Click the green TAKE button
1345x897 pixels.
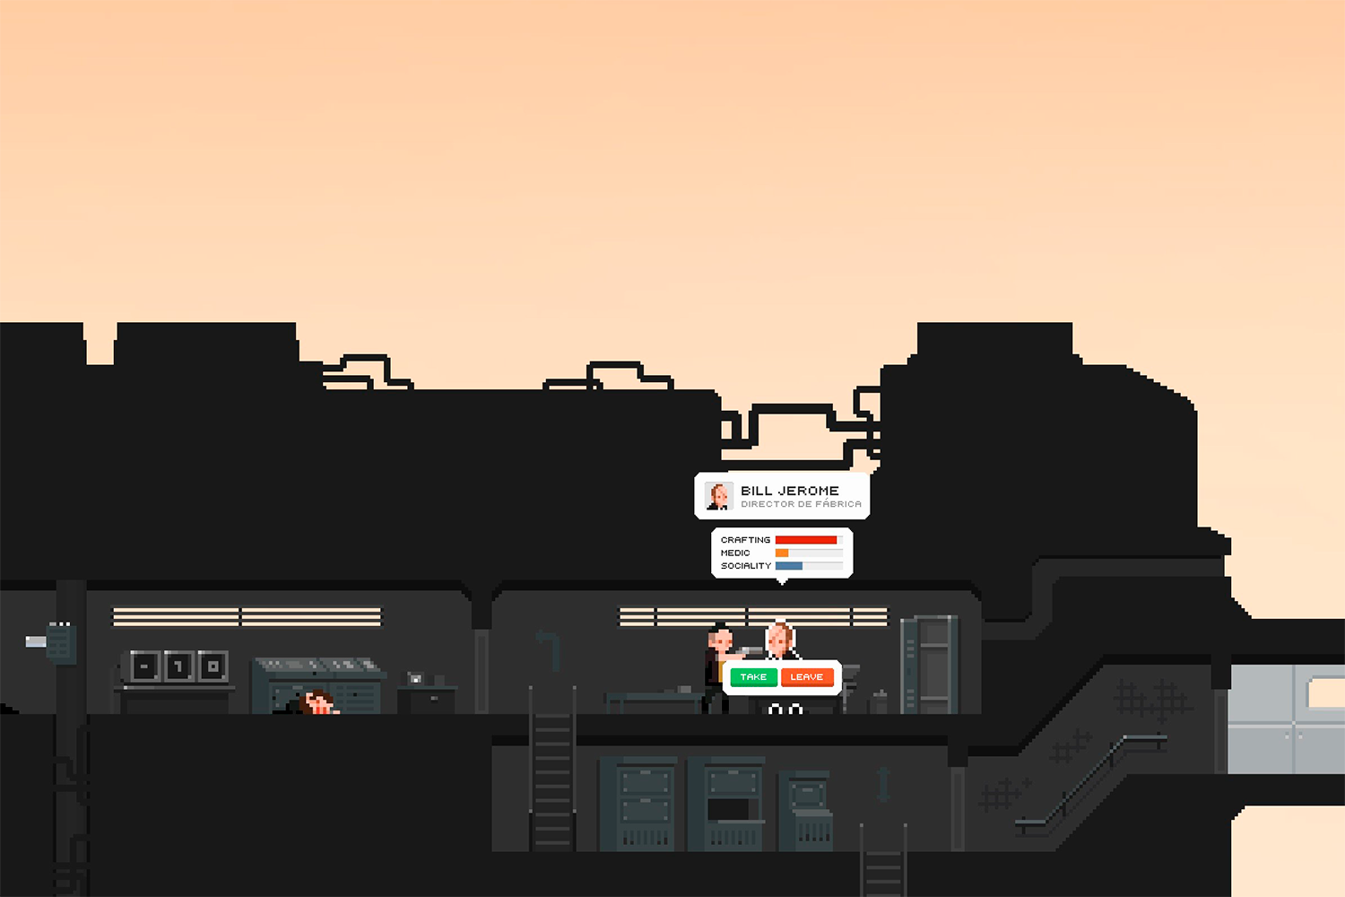pos(753,677)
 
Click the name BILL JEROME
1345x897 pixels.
pos(790,491)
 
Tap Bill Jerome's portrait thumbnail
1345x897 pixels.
pos(718,496)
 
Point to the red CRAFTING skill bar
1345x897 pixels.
pos(806,540)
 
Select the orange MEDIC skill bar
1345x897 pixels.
pos(782,553)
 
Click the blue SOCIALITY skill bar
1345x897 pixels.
pos(789,566)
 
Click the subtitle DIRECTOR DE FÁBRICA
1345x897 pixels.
pos(801,504)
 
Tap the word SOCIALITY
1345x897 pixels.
pos(745,566)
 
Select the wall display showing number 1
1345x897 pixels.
pos(179,666)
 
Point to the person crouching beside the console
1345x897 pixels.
pos(317,702)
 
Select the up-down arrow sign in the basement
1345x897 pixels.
pos(883,783)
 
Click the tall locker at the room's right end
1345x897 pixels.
pos(930,664)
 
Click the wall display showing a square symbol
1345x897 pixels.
pos(213,666)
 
